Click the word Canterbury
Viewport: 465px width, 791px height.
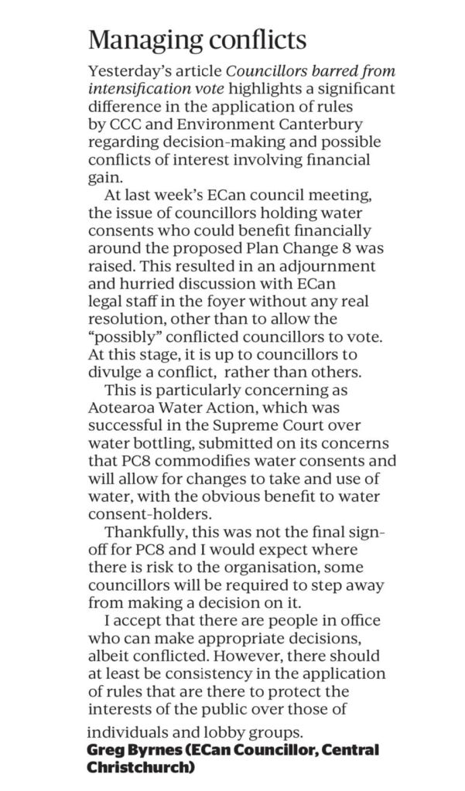[x=329, y=124]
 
